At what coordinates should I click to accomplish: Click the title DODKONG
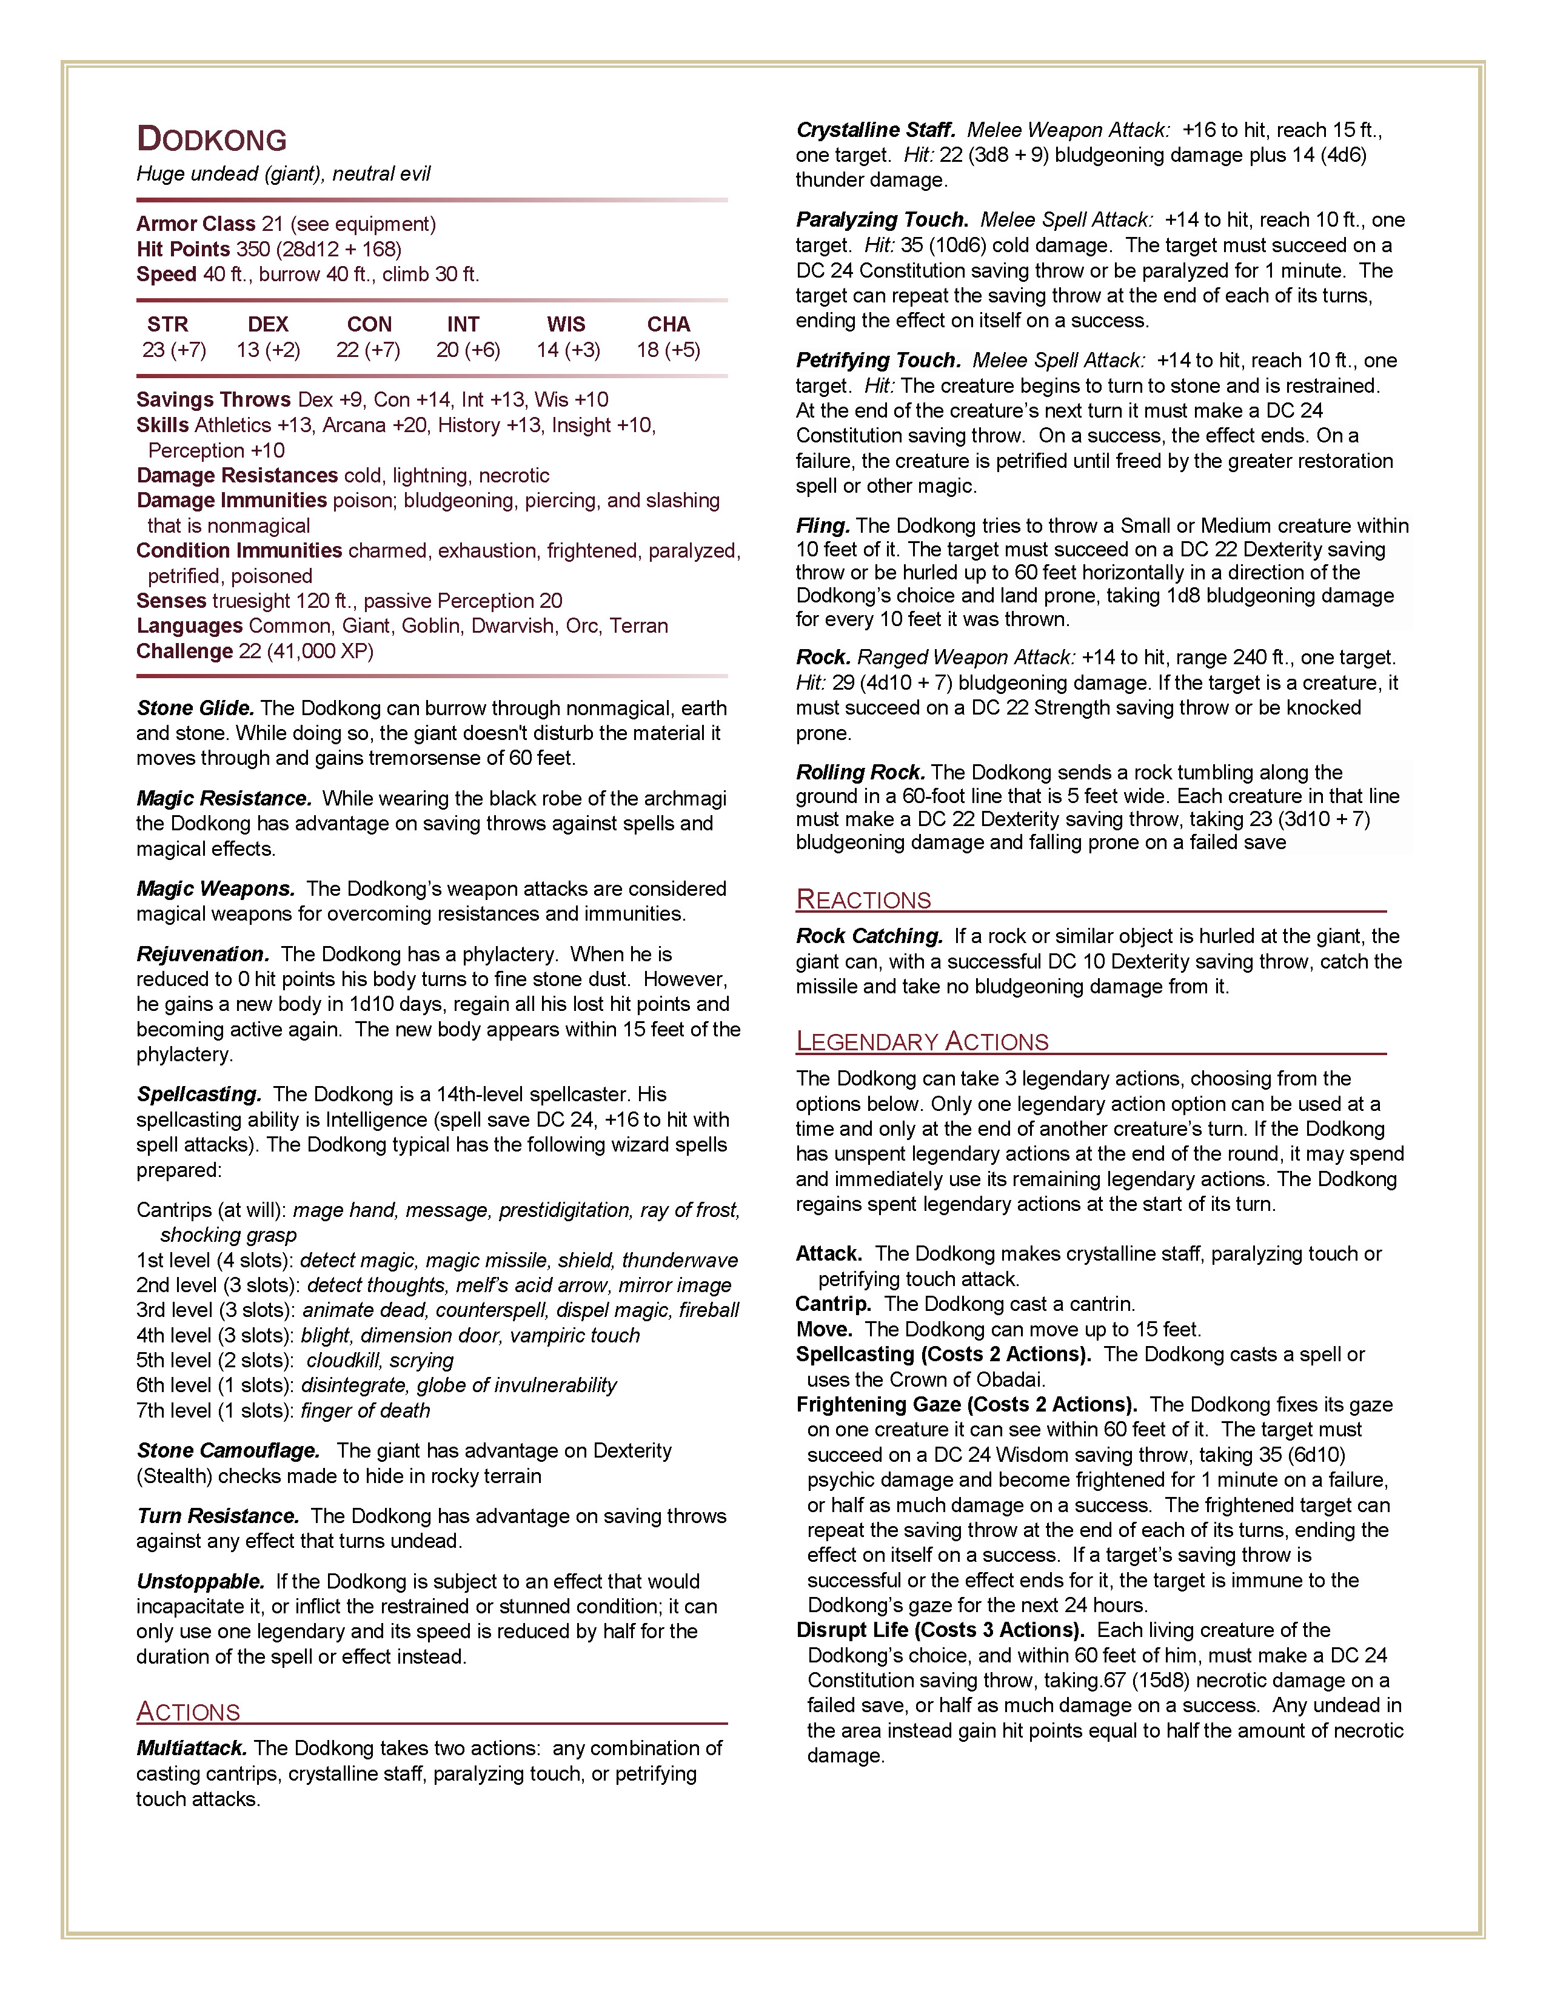click(212, 139)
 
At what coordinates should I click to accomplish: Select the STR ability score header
click(167, 324)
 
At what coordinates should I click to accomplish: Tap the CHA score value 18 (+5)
click(669, 350)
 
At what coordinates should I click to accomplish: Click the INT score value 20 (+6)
click(468, 350)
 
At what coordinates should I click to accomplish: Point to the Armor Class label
click(196, 224)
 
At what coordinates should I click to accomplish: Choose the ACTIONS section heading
click(189, 1712)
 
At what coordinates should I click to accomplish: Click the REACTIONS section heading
click(864, 899)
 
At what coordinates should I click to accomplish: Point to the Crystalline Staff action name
click(875, 130)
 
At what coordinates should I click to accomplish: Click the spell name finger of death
click(366, 1410)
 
